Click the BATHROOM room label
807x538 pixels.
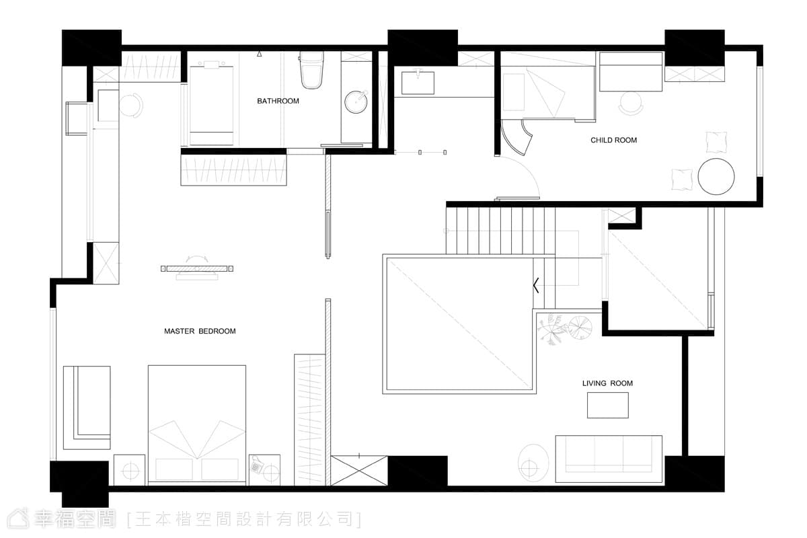(278, 101)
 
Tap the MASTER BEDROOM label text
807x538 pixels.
(200, 331)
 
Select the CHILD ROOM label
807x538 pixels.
(613, 140)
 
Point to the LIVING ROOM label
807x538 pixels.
(607, 383)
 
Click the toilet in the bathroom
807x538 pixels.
(311, 70)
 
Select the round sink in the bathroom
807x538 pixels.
(356, 102)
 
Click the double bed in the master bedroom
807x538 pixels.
(197, 424)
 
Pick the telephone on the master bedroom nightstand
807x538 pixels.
(256, 465)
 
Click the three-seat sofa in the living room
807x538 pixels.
(609, 459)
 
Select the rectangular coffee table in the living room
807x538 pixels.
(608, 405)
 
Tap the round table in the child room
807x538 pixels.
(716, 177)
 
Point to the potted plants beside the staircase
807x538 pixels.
(564, 329)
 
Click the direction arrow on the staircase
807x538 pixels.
(536, 285)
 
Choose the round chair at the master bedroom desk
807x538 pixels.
(131, 105)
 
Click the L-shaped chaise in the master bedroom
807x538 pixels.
(87, 408)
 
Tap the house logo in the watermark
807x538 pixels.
(18, 519)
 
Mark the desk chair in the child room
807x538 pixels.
(631, 104)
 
